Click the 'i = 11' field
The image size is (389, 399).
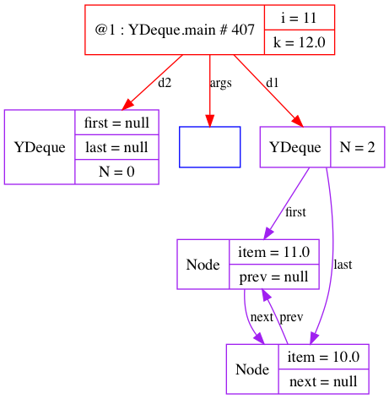tap(300, 18)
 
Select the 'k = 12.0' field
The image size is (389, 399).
tap(300, 42)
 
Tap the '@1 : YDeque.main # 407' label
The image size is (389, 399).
tap(175, 30)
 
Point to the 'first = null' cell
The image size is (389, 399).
tap(116, 123)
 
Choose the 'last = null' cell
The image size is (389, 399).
tap(116, 147)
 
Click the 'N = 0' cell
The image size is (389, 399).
tap(116, 172)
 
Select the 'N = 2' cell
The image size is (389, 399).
tap(358, 147)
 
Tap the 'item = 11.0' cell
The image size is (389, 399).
tap(274, 252)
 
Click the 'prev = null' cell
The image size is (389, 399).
tap(274, 276)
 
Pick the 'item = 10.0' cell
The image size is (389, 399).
tap(323, 357)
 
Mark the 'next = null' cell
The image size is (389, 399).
tap(323, 381)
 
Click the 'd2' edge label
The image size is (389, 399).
tap(165, 83)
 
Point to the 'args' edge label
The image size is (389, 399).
tap(221, 84)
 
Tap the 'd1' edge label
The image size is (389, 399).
tap(273, 83)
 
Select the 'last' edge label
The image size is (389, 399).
tap(343, 265)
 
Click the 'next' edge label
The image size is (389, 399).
tap(262, 317)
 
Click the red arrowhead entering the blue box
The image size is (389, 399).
tap(210, 121)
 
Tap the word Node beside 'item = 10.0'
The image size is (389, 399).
tap(252, 369)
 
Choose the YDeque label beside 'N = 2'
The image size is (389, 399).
tap(295, 147)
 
